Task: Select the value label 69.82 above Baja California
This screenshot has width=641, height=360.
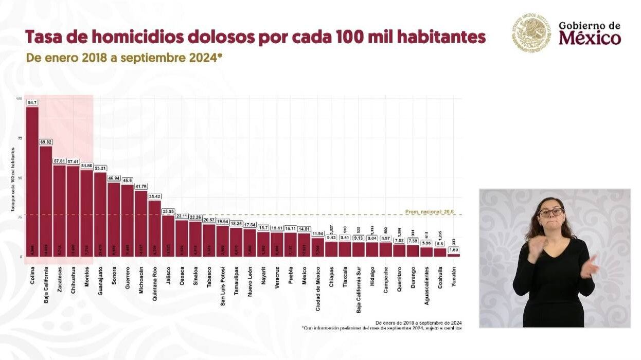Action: pyautogui.click(x=46, y=142)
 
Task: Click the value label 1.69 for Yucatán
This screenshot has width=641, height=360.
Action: pyautogui.click(x=453, y=250)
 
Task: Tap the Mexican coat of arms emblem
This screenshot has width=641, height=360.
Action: pyautogui.click(x=531, y=33)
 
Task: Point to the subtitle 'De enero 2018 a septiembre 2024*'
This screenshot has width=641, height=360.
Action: pyautogui.click(x=124, y=58)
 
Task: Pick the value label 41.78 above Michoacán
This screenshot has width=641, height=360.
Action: pyautogui.click(x=141, y=186)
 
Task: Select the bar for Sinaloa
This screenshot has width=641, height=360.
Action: pyautogui.click(x=195, y=239)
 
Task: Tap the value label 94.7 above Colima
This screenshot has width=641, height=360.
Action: pyautogui.click(x=32, y=102)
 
